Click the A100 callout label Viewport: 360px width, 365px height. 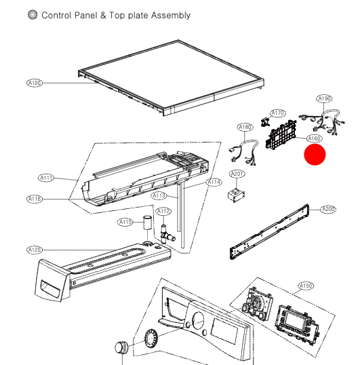coord(34,83)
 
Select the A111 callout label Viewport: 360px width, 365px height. coord(46,178)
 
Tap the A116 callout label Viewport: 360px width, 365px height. coord(35,199)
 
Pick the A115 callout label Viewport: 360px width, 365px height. coord(125,222)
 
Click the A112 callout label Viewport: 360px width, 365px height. coord(163,212)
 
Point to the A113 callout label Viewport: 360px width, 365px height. coord(159,195)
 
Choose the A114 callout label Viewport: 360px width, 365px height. coord(214,182)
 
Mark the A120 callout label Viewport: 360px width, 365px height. coord(35,250)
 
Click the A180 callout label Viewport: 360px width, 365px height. coord(245,127)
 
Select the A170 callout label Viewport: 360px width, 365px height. coord(278,113)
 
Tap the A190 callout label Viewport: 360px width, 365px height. coord(325,98)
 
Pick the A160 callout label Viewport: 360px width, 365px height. coord(315,138)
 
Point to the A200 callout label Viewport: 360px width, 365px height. coord(328,209)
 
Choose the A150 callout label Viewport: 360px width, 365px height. coord(306,286)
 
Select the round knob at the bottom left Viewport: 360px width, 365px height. coord(121,347)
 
